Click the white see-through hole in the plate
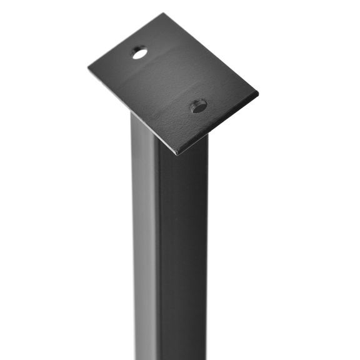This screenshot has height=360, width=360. click(139, 53)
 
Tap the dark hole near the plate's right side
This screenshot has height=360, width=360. click(199, 106)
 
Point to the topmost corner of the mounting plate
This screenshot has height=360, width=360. click(164, 14)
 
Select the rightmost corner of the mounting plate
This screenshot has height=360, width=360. click(257, 94)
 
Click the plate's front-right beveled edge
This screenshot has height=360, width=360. click(219, 124)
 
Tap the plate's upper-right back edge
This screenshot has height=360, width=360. click(211, 54)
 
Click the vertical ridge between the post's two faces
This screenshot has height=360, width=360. click(158, 250)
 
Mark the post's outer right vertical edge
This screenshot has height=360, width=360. click(207, 250)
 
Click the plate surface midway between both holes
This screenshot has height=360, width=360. click(169, 80)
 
